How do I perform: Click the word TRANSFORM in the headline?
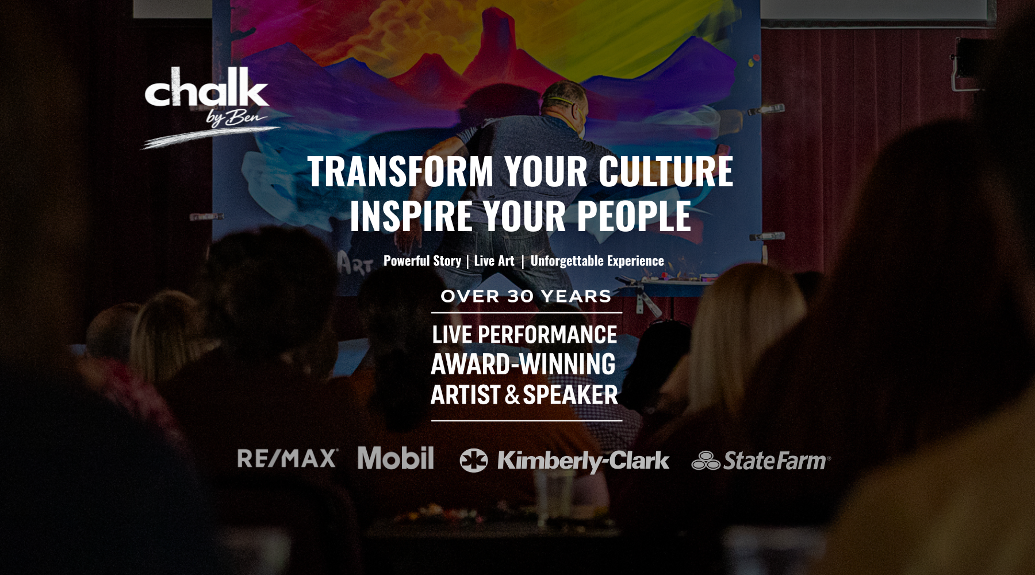click(401, 171)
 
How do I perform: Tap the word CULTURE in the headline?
click(666, 171)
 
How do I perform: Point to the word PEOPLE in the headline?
click(634, 216)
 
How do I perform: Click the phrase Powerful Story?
click(422, 261)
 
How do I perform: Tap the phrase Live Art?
click(494, 261)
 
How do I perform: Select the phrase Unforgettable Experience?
click(597, 261)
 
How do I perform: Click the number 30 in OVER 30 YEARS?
click(520, 296)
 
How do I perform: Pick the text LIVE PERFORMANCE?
click(524, 335)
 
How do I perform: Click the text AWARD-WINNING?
click(523, 364)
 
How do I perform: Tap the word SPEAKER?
click(570, 395)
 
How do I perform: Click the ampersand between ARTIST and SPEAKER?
click(512, 395)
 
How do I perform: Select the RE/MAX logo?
click(287, 458)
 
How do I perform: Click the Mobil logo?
click(396, 458)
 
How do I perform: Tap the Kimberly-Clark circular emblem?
click(474, 461)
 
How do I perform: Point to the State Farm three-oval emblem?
click(706, 461)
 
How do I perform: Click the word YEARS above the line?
click(576, 296)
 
